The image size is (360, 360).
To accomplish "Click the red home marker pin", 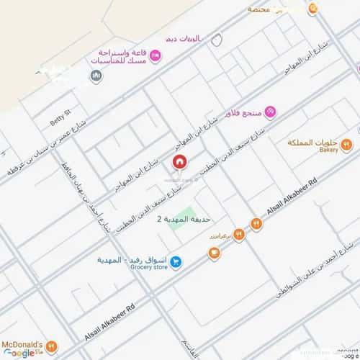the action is click(179, 162).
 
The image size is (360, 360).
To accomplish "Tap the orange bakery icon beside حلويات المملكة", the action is click(346, 144).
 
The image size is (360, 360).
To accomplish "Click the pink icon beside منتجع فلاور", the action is click(270, 112).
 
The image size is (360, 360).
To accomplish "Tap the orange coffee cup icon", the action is click(214, 252).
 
